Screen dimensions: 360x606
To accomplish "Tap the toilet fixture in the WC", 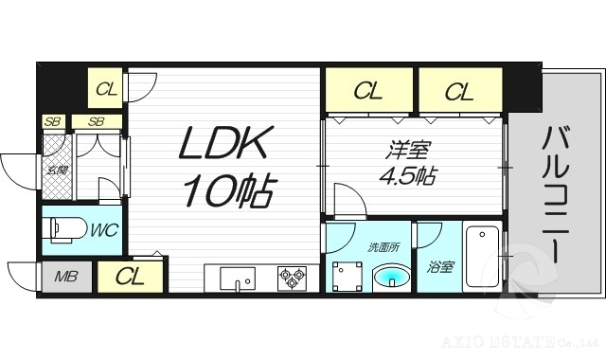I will [x=65, y=229].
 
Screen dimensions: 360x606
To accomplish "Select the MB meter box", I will [x=66, y=277].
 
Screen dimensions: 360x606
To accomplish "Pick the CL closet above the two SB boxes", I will [x=107, y=90].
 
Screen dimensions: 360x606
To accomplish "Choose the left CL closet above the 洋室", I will [x=368, y=91].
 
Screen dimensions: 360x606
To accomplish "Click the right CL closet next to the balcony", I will [x=459, y=91].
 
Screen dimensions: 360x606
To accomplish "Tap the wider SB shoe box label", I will [x=97, y=121].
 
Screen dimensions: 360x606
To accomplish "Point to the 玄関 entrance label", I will [x=57, y=171].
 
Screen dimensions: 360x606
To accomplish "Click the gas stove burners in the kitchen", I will [x=292, y=278].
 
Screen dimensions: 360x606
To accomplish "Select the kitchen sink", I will [x=237, y=279].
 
